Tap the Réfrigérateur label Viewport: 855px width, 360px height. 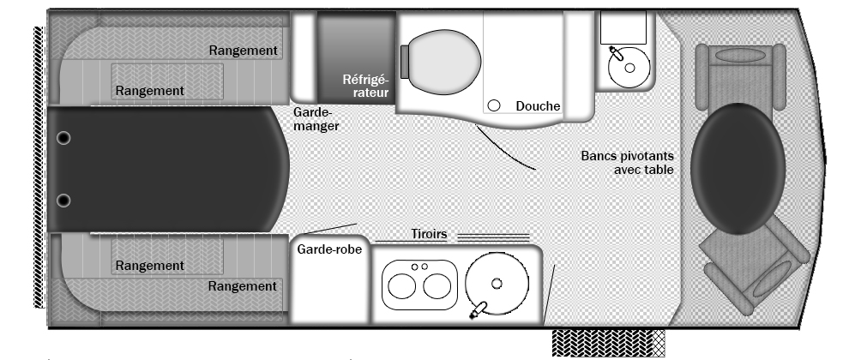(365, 86)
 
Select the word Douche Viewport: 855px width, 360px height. (538, 106)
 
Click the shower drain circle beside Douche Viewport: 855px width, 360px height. (493, 105)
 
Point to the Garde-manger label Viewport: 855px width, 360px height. (316, 119)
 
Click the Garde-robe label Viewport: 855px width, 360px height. (329, 249)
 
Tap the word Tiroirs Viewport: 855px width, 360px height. (429, 234)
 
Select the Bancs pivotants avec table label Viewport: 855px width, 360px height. (627, 163)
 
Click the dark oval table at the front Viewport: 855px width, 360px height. (738, 168)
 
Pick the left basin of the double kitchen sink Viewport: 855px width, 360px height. (401, 286)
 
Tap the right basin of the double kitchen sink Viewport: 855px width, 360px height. (437, 286)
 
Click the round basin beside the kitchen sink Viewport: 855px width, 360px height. (497, 283)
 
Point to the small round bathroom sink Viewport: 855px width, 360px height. (629, 68)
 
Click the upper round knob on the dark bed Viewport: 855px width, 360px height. (63, 138)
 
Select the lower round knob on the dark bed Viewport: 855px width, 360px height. (63, 201)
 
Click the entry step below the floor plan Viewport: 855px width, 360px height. (609, 343)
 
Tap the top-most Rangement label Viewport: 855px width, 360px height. (244, 51)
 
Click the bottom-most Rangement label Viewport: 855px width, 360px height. (243, 286)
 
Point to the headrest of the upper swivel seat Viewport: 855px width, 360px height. (740, 56)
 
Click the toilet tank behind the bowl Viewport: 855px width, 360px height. (405, 62)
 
